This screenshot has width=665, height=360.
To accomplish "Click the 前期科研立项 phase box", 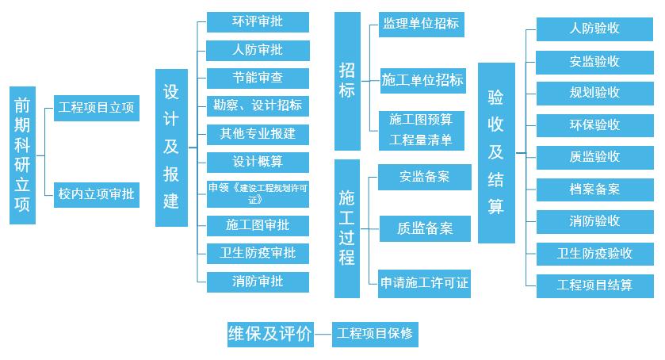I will pyautogui.click(x=24, y=155).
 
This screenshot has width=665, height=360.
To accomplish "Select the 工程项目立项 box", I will pyautogui.click(x=96, y=107).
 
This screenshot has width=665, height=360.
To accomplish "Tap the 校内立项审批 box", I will pyautogui.click(x=96, y=193).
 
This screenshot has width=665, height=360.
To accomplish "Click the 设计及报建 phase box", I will pyautogui.click(x=171, y=147).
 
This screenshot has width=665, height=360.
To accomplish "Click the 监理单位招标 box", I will pyautogui.click(x=420, y=24).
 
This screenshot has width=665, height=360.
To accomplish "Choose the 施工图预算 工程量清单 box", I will pyautogui.click(x=420, y=130).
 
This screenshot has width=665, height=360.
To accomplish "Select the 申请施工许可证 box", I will pyautogui.click(x=424, y=282).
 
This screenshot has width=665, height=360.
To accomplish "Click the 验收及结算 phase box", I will pyautogui.click(x=497, y=152).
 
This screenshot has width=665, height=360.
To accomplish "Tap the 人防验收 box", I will pyautogui.click(x=594, y=29).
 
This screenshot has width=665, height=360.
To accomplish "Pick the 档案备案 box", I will pyautogui.click(x=594, y=190).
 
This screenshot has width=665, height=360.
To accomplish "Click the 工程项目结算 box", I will pyautogui.click(x=594, y=285).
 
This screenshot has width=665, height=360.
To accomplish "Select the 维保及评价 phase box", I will pyautogui.click(x=269, y=334).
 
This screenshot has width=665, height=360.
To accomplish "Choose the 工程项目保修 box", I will pyautogui.click(x=374, y=334).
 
